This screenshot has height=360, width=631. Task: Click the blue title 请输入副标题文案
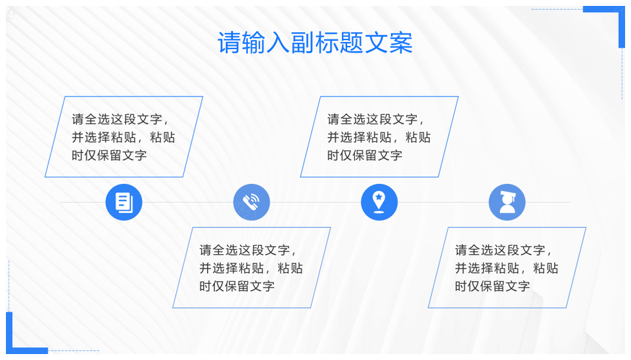315,43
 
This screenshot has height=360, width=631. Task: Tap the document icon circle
124,202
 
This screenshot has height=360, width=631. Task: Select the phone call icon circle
252,202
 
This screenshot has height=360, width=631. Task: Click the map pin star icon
379,202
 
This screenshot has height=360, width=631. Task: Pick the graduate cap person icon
507,202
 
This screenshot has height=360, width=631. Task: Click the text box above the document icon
124,137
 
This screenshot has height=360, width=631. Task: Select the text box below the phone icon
252,267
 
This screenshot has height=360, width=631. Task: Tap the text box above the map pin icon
379,137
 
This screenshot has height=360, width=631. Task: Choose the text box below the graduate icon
507,267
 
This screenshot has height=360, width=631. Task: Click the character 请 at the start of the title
229,43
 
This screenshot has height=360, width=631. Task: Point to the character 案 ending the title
401,43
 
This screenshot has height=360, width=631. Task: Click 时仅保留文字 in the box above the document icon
109,155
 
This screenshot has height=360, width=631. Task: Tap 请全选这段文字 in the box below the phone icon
245,250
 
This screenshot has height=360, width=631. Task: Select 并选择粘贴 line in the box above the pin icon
359,137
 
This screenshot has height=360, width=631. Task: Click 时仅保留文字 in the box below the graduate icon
492,286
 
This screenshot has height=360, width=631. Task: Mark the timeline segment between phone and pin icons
315,202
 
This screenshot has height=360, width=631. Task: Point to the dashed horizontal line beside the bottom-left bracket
74,351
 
